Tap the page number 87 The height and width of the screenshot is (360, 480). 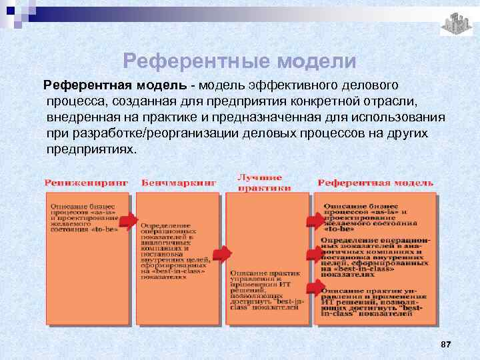click(x=446, y=343)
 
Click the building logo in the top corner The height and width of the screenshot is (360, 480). click(x=456, y=24)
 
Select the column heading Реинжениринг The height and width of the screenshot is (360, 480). click(x=86, y=183)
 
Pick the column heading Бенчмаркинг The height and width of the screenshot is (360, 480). click(x=179, y=183)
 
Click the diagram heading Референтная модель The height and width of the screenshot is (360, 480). click(x=375, y=183)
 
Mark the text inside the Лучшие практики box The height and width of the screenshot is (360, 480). click(x=267, y=291)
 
